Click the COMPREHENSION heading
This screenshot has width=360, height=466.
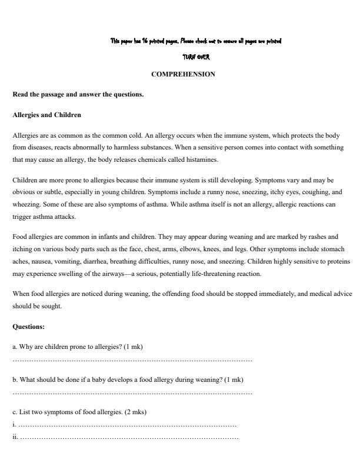coord(183,74)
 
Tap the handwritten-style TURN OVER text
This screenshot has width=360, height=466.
coord(196,58)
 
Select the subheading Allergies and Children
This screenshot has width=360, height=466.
coord(46,114)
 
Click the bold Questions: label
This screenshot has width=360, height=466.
coord(28,326)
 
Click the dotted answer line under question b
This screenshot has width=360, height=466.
coord(132,392)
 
